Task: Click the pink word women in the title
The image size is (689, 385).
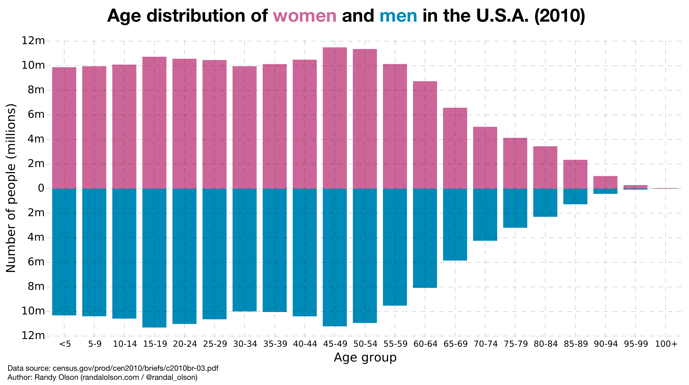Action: tap(304, 16)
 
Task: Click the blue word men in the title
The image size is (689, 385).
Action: tap(398, 16)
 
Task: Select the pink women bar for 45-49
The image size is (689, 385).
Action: tap(334, 118)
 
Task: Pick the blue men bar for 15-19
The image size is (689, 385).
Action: tap(154, 258)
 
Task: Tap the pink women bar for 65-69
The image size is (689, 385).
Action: tap(455, 148)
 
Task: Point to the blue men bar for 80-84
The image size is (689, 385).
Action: tap(545, 203)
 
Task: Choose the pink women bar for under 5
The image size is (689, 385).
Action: tap(64, 128)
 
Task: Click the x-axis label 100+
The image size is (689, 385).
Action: tap(666, 344)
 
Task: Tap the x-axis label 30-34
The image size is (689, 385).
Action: tap(245, 344)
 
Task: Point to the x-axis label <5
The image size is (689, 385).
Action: tap(65, 344)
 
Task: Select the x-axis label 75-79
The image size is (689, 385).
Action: tap(516, 344)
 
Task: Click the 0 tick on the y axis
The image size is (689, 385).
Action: tap(41, 188)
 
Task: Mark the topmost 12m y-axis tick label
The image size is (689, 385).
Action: tap(33, 41)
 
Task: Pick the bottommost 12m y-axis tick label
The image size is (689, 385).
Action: tap(33, 335)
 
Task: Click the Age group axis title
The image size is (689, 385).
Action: tap(365, 358)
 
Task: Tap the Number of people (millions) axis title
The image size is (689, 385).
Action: tap(11, 188)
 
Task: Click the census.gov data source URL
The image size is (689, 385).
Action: tap(135, 368)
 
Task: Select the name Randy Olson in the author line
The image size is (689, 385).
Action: tap(56, 377)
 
